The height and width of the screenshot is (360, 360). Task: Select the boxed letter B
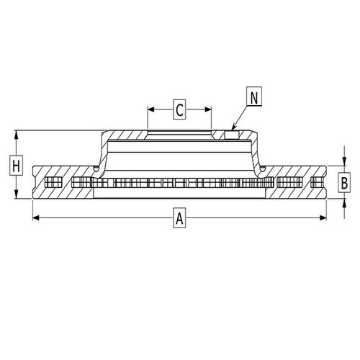tap(345, 183)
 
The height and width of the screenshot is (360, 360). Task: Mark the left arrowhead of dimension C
tap(150, 109)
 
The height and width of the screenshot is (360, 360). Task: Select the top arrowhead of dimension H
tap(16, 134)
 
